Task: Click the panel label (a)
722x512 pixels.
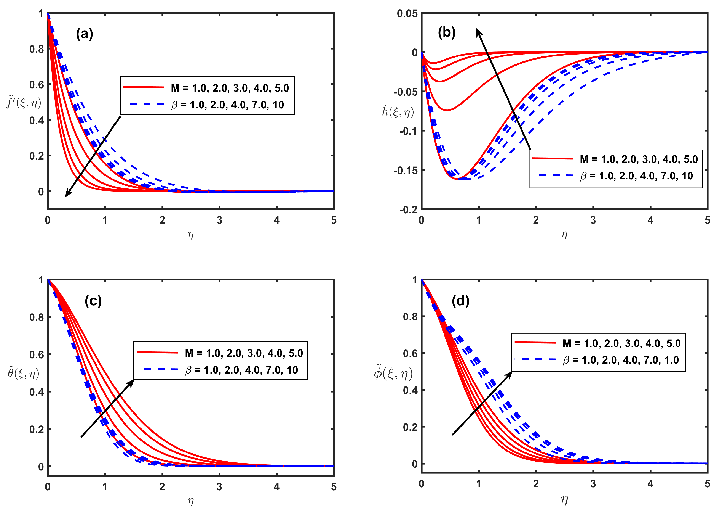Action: pos(84,34)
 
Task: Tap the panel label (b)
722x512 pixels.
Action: pos(446,32)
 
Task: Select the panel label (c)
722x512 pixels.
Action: pos(93,301)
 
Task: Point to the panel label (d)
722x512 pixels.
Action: pos(460,301)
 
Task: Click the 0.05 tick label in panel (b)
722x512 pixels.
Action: pos(407,14)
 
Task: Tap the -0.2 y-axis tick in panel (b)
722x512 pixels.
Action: pos(408,210)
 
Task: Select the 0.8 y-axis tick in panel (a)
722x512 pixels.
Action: pos(37,49)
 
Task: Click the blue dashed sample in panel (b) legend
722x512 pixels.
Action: pos(552,175)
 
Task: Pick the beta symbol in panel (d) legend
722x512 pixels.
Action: pos(566,360)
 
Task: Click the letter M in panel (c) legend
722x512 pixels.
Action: pos(189,353)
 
